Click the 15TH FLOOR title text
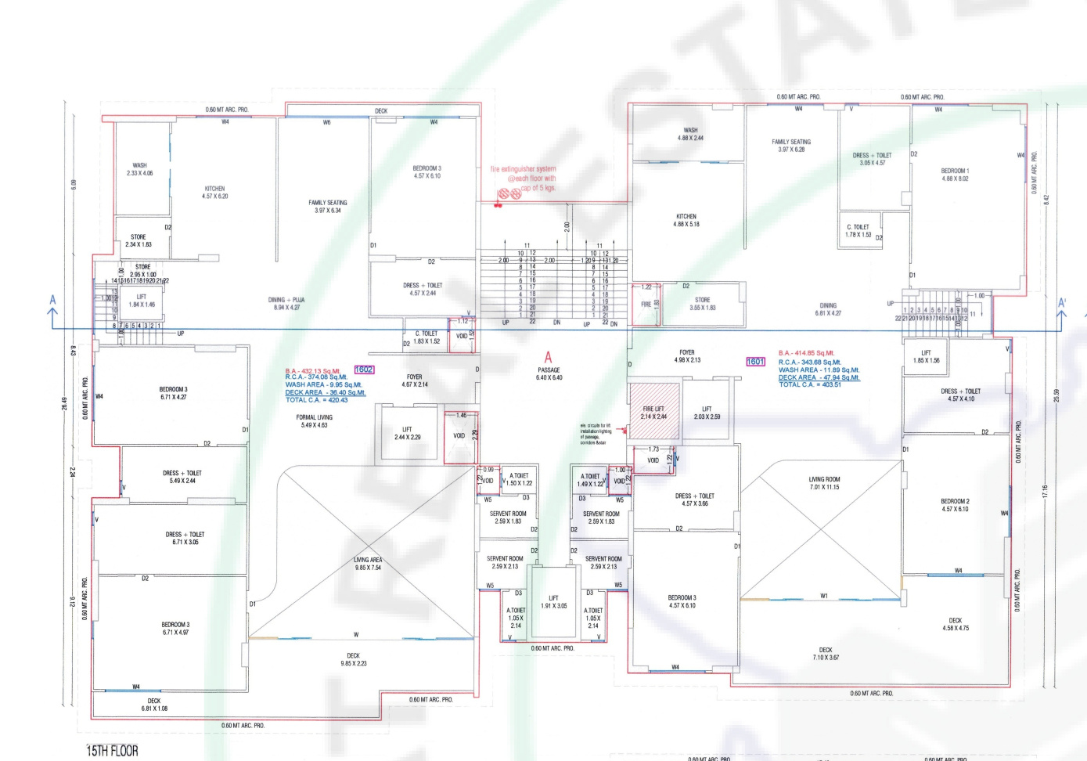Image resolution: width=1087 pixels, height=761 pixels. tap(112, 751)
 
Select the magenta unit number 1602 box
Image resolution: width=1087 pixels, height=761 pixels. tap(364, 370)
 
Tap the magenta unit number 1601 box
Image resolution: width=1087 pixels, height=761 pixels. tap(755, 362)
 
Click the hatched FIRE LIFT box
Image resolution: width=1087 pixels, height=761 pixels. tap(654, 413)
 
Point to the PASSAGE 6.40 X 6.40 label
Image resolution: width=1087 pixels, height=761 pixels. tap(549, 373)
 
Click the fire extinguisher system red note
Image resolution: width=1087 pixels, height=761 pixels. tap(524, 179)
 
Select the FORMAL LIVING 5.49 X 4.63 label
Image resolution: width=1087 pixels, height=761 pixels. tap(314, 421)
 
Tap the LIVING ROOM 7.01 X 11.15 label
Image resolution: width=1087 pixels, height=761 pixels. tap(824, 483)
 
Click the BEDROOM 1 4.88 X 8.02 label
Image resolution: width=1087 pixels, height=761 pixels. tap(955, 175)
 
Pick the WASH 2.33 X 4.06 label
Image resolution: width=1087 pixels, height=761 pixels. tap(139, 169)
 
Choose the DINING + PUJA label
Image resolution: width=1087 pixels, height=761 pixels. tap(286, 304)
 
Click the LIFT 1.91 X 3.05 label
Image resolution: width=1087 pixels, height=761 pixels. tap(553, 602)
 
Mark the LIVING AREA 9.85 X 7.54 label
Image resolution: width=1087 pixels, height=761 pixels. tap(367, 564)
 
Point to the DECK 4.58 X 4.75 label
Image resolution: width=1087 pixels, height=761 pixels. tap(955, 624)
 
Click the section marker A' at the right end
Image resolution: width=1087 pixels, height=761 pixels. tap(1062, 304)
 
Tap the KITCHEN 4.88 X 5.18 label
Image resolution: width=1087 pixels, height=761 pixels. tap(686, 220)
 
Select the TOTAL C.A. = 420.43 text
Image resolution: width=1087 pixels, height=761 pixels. tap(316, 400)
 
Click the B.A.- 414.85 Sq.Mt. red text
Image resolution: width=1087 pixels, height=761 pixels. tap(806, 353)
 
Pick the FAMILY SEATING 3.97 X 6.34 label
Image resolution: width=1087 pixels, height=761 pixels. tap(327, 206)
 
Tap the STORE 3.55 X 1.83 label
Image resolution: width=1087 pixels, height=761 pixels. tap(702, 304)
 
